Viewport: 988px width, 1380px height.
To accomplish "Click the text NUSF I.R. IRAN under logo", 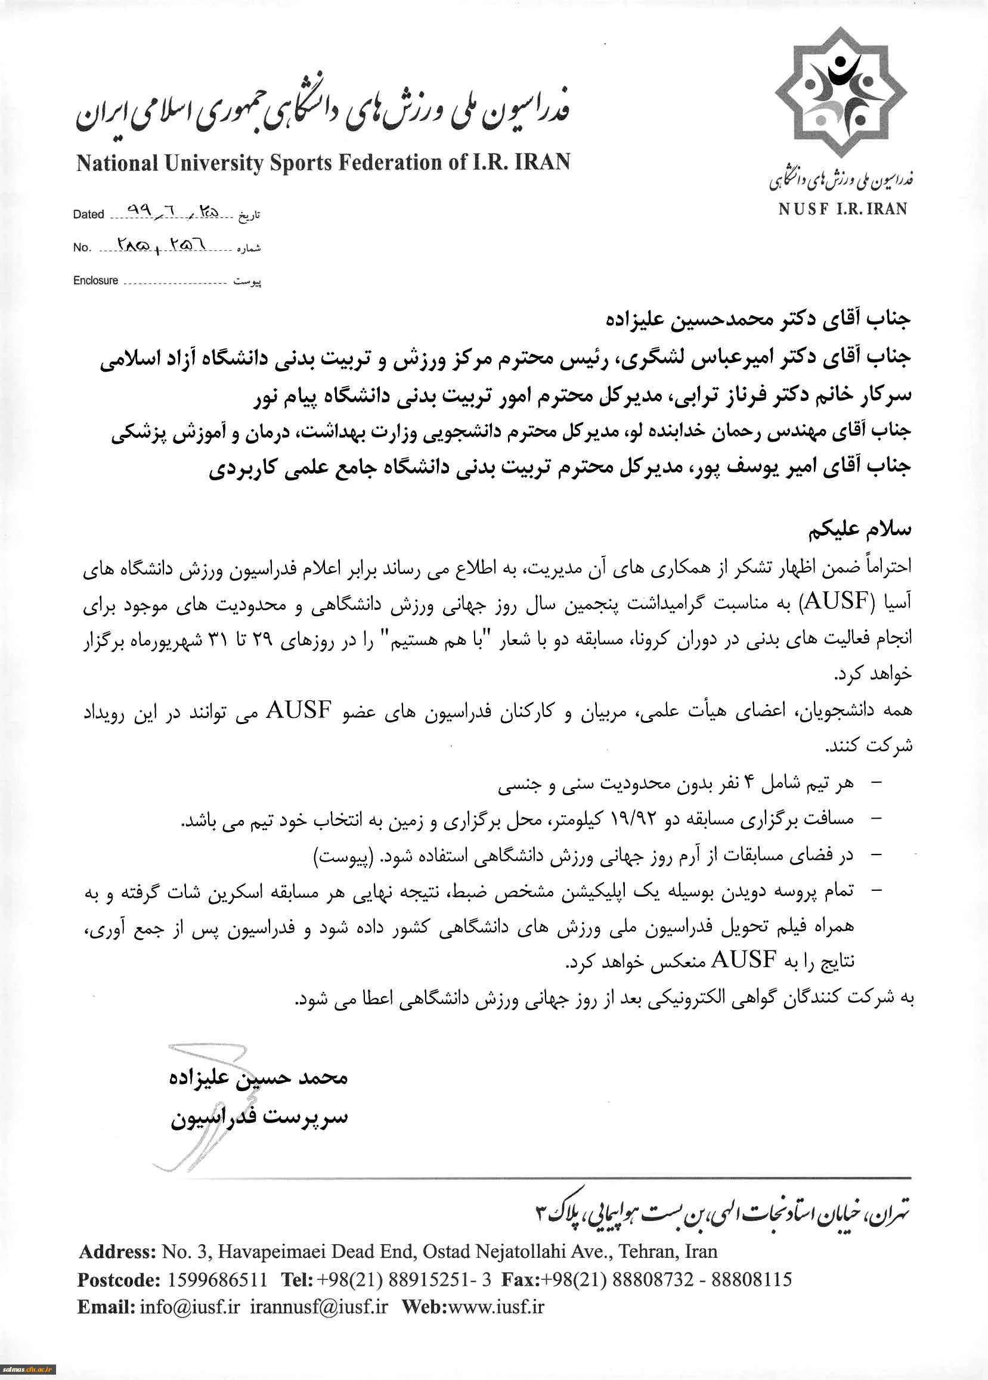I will [843, 209].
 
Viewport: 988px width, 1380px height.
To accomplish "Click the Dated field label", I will [88, 214].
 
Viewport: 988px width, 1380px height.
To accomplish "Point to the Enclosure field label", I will [95, 280].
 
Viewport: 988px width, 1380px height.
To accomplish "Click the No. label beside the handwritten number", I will [82, 247].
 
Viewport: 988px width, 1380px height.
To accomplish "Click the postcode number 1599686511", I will [216, 1280].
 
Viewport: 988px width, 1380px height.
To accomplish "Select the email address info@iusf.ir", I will [190, 1307].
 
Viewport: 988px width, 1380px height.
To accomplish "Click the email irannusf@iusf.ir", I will [319, 1307].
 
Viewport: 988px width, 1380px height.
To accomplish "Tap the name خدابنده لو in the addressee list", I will [647, 431].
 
